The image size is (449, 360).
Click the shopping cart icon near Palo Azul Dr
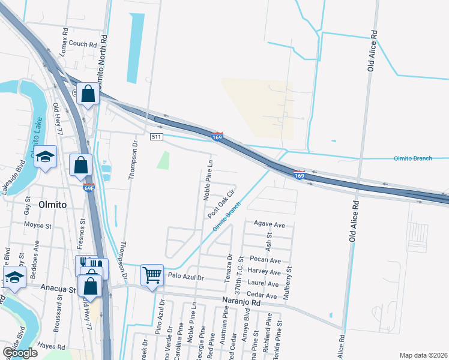coord(152,275)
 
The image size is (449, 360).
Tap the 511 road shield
coord(156,137)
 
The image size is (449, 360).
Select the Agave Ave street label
coord(269,224)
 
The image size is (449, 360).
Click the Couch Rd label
coord(82,44)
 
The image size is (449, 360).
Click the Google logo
coord(20,353)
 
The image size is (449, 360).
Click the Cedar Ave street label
coord(262,296)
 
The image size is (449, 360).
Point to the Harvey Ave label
coord(265,272)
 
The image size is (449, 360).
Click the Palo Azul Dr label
coord(186,278)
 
